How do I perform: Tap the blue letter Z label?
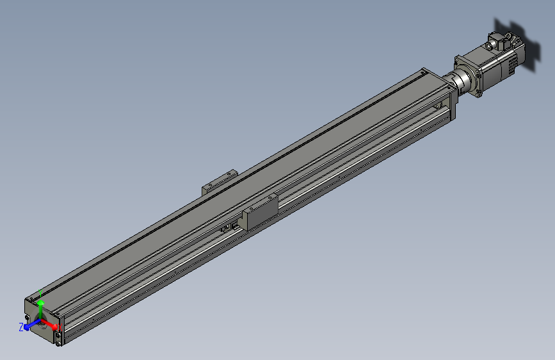[21, 327]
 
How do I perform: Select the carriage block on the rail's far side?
[219, 181]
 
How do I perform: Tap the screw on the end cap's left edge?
[26, 318]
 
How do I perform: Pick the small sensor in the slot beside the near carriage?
[228, 227]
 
